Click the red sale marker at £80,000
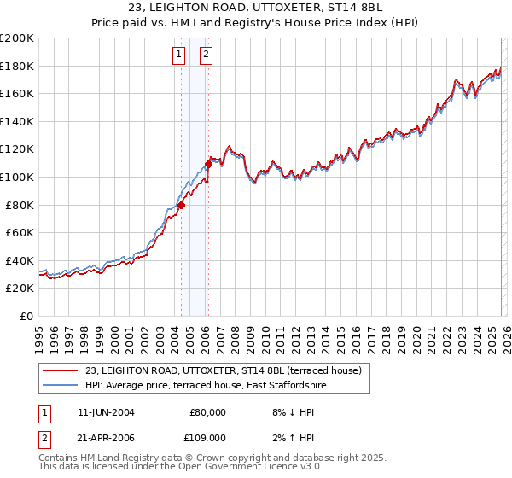pyautogui.click(x=181, y=205)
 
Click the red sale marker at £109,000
pyautogui.click(x=208, y=164)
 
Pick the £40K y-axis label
pyautogui.click(x=20, y=260)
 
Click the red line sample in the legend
pyautogui.click(x=61, y=370)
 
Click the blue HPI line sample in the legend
pyautogui.click(x=61, y=385)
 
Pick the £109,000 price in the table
pyautogui.click(x=206, y=437)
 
